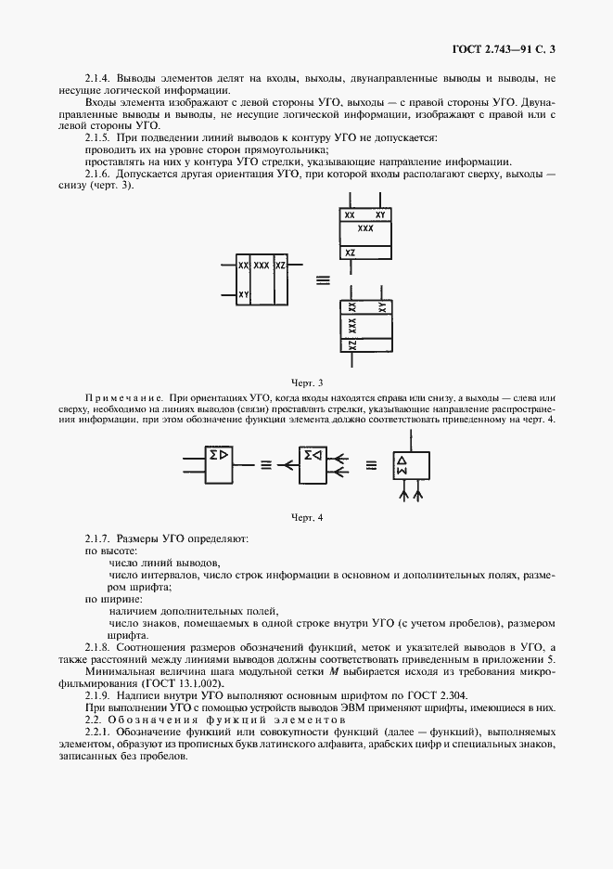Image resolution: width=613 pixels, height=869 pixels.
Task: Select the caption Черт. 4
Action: [x=306, y=518]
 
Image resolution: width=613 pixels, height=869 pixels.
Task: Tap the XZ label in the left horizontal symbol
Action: [x=281, y=266]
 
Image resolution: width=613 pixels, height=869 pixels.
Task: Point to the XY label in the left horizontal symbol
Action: [x=243, y=294]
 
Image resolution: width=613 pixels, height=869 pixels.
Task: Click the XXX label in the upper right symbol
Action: [x=364, y=227]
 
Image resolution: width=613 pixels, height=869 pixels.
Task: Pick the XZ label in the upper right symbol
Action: [x=350, y=252]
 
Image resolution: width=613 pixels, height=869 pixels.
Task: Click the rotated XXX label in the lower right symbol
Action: [x=352, y=325]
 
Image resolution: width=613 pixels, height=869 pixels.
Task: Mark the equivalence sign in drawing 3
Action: [x=323, y=279]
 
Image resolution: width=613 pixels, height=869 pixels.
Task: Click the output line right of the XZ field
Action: [x=298, y=266]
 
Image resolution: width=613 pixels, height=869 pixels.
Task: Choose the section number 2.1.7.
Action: [x=97, y=538]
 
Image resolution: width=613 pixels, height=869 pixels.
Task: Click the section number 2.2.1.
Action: [x=97, y=733]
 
